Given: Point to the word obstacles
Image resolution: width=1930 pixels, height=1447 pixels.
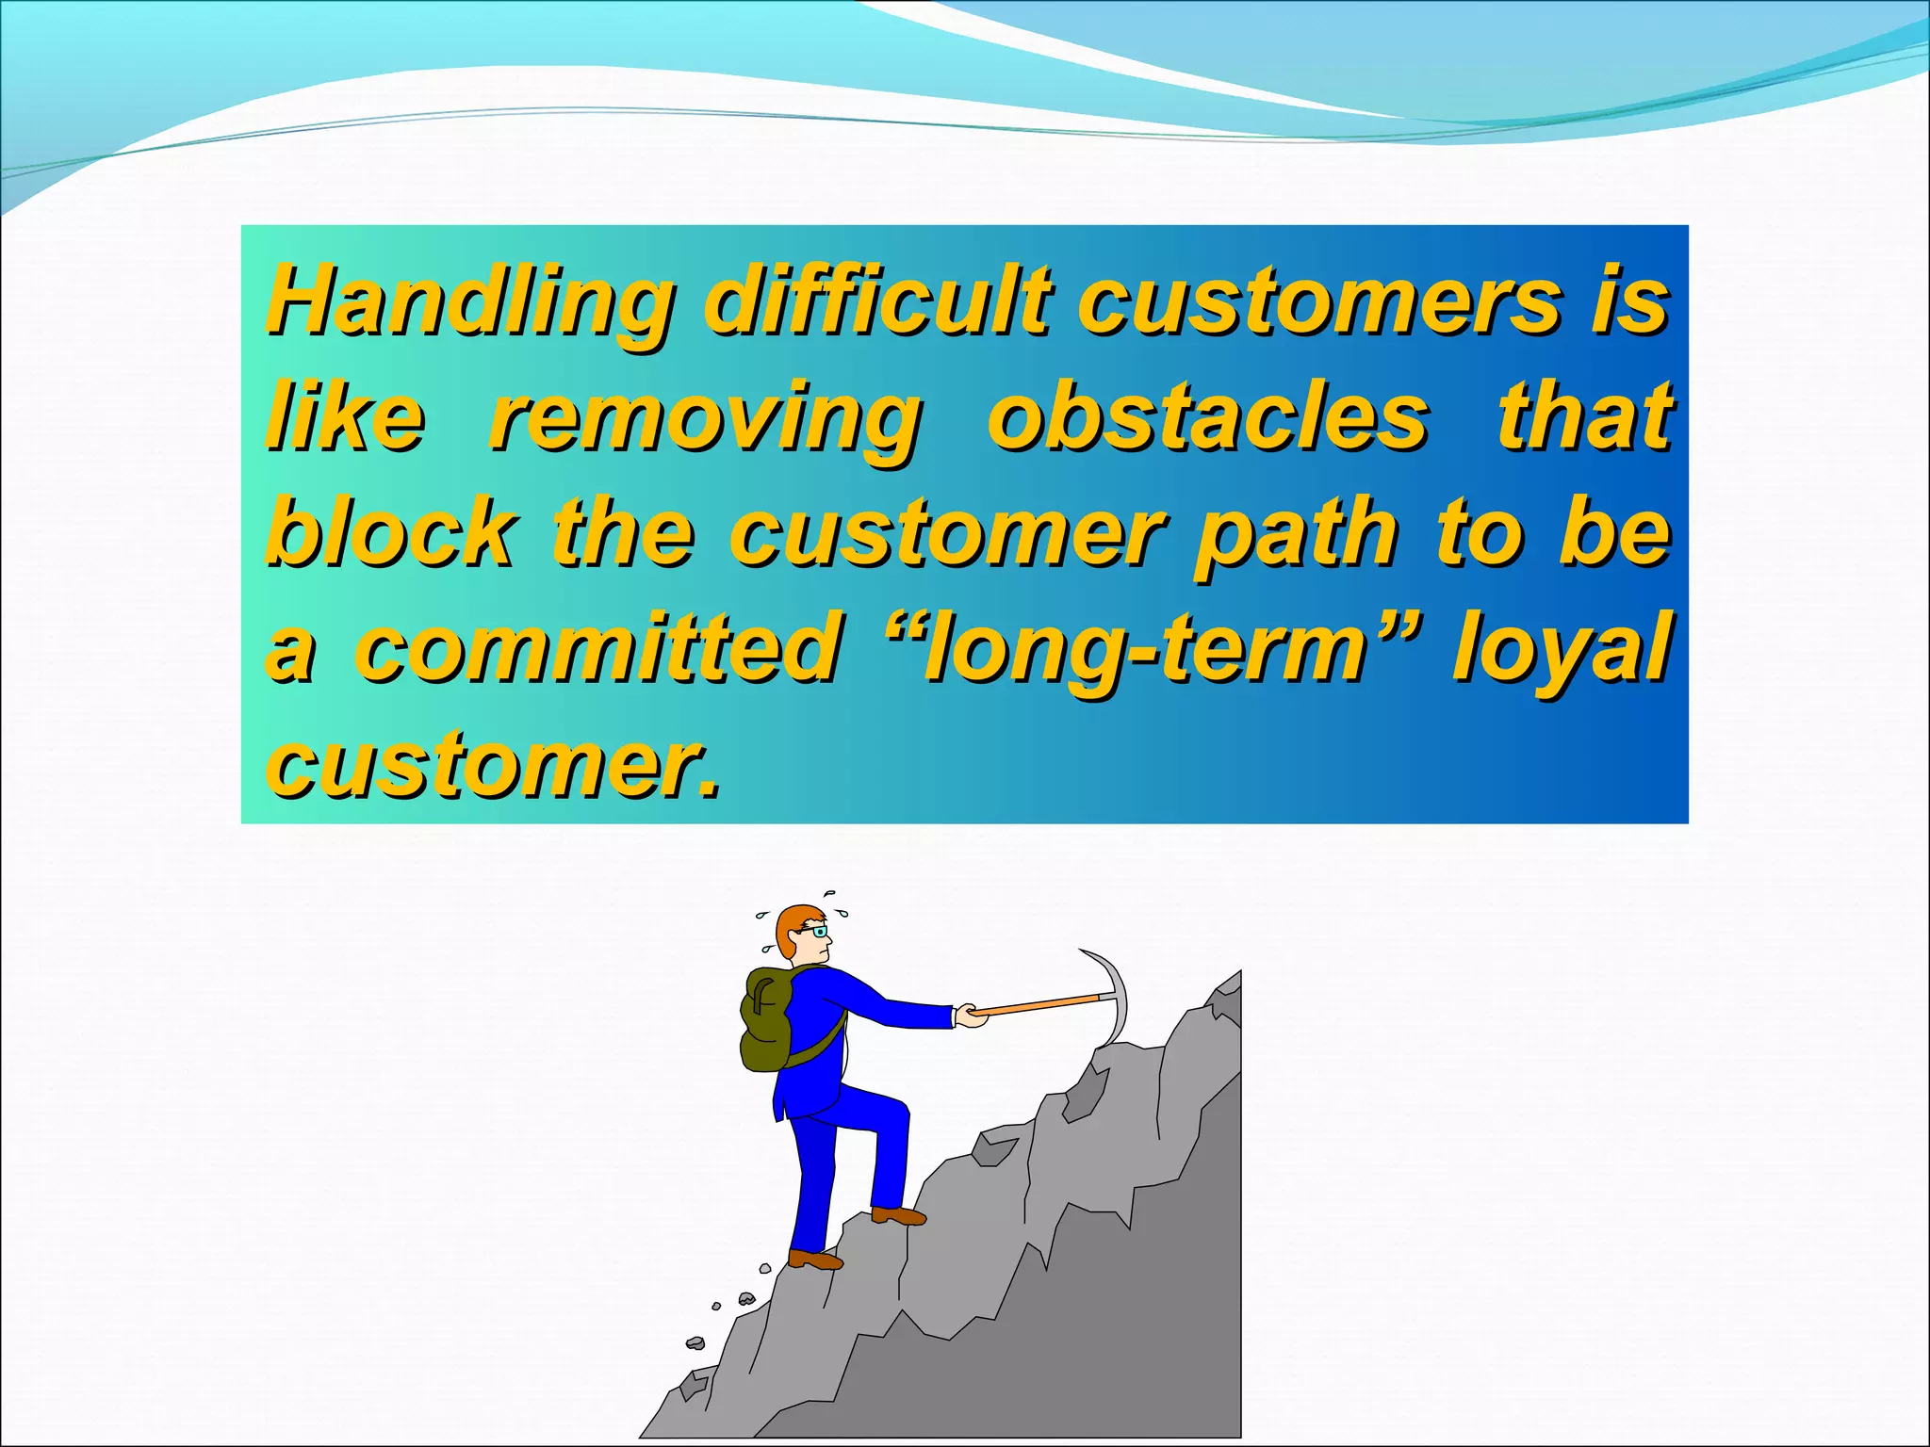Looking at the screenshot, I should click(1208, 416).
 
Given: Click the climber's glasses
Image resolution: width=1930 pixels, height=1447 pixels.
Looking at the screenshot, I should click(816, 932).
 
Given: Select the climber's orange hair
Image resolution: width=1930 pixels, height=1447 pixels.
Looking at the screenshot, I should click(792, 923).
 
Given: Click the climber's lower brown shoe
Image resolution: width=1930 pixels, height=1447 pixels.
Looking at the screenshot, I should click(814, 1260).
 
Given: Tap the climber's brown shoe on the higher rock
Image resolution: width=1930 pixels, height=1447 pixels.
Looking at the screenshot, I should click(898, 1216).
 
